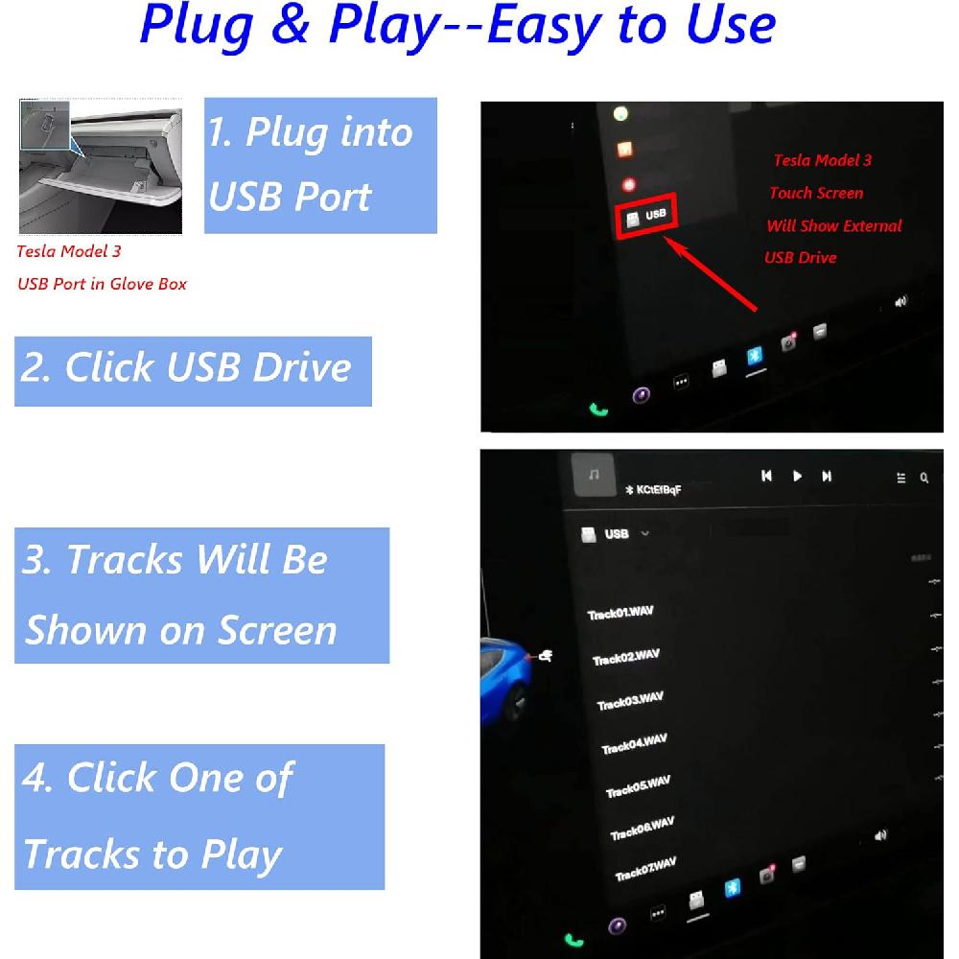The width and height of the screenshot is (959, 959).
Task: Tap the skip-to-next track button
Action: point(827,477)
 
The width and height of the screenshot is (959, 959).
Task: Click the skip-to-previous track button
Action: point(766,476)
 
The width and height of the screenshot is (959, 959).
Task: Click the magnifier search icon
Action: point(924,478)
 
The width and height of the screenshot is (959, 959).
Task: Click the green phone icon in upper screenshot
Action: point(599,409)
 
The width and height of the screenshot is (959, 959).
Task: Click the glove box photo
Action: point(101,166)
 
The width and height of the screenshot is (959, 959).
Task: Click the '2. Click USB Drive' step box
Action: point(193,370)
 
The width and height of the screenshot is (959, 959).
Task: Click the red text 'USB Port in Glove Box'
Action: point(103,284)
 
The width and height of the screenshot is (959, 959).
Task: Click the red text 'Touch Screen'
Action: point(816,194)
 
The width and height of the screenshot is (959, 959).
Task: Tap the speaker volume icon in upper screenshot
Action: point(900,302)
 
